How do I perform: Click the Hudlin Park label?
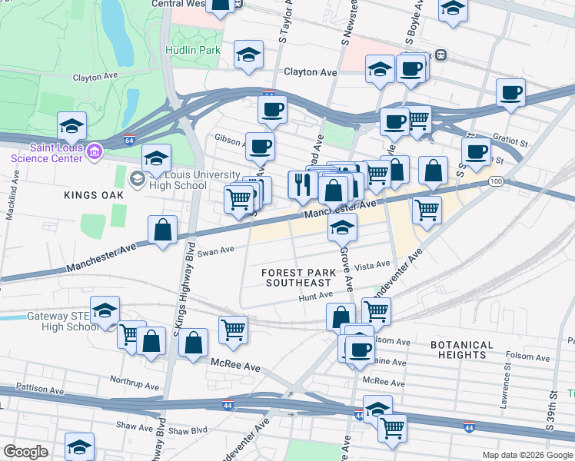[x=193, y=51]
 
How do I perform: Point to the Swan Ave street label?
[x=216, y=250]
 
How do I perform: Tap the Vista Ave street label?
[x=374, y=265]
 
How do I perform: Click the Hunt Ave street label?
[x=316, y=294]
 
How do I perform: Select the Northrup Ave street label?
[x=133, y=380]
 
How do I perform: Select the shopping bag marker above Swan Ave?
[x=163, y=230]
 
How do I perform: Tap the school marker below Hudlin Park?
[x=248, y=55]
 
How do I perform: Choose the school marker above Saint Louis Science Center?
[x=71, y=124]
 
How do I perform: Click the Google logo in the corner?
[x=26, y=452]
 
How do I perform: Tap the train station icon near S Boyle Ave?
[x=441, y=55]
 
